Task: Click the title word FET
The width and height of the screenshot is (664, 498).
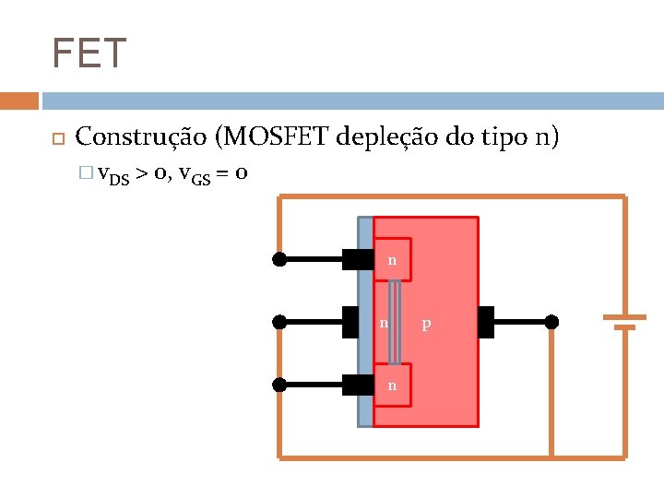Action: [x=89, y=53]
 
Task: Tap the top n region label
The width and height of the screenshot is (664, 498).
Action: [x=392, y=260]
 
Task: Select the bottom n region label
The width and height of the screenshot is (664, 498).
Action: [x=392, y=385]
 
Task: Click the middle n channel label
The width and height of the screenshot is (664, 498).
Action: [x=384, y=323]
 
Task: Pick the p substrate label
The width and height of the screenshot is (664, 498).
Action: [x=426, y=324]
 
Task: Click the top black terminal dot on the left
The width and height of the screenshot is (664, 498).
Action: [x=279, y=260]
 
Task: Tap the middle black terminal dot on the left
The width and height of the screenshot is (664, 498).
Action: [x=279, y=322]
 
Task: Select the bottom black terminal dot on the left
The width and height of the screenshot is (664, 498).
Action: [x=279, y=385]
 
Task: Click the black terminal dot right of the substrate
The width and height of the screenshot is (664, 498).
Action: [x=551, y=322]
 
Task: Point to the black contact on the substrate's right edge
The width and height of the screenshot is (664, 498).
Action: [x=486, y=322]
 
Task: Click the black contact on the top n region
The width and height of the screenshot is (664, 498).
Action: [x=357, y=259]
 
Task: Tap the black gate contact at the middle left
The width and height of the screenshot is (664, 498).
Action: [x=350, y=322]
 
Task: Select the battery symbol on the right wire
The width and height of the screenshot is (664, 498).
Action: [x=624, y=321]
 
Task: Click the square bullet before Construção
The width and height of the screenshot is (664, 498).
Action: [x=56, y=139]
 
